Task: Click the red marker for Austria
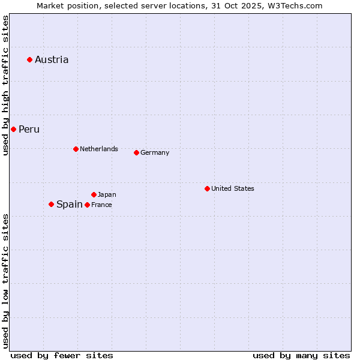coord(29,59)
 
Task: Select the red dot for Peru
coord(13,129)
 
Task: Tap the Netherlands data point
coord(76,149)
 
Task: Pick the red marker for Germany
coord(136,152)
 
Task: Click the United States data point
coord(207,188)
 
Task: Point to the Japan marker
coord(94,194)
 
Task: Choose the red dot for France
coord(87,205)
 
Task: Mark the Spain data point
coord(51,204)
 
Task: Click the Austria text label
coord(52,59)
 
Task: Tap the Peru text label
coord(29,129)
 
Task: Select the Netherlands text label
coord(99,149)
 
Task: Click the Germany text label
coord(155,152)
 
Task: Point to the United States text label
coord(233,188)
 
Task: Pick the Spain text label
coord(69,204)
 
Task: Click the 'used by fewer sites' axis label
coord(62,355)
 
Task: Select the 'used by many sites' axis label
coord(301,355)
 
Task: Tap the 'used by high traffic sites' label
coord(5,85)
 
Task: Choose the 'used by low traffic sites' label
coord(5,281)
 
